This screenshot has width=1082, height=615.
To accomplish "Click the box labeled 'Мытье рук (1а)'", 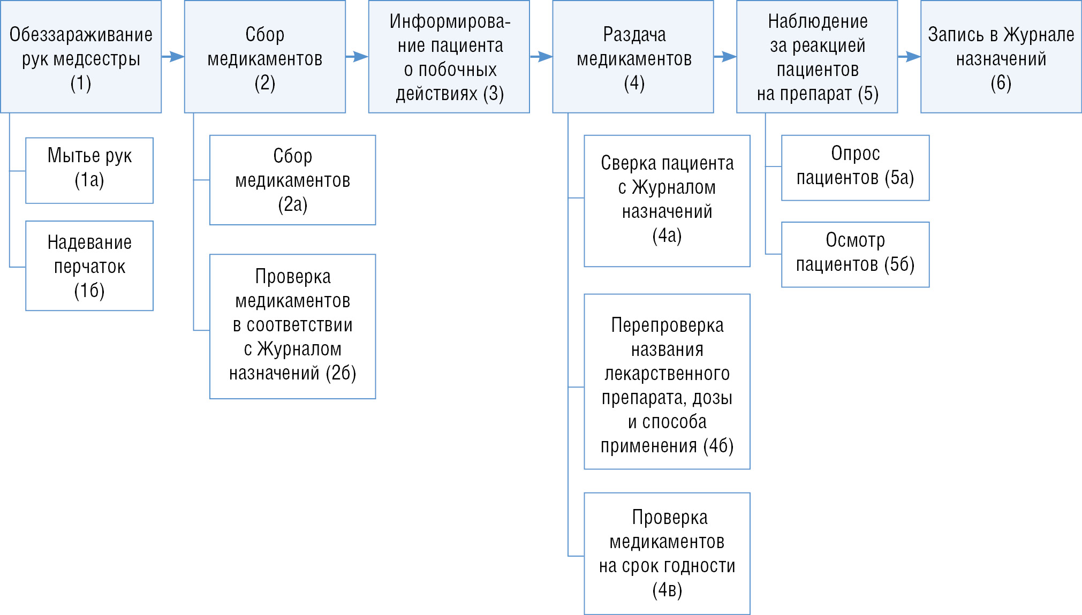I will click(x=89, y=170).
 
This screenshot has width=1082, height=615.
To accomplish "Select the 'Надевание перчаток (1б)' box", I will click(x=89, y=265).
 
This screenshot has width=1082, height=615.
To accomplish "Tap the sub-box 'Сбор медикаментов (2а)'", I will click(x=292, y=180).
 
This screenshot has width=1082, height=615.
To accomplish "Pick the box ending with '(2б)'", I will click(x=292, y=326).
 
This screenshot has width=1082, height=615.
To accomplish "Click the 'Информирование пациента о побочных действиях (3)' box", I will click(x=449, y=57).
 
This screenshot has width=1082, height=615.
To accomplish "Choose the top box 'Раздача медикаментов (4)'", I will click(x=633, y=57).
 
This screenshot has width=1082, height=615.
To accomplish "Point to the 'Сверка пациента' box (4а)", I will click(x=667, y=201).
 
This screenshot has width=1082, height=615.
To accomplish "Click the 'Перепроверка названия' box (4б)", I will click(x=667, y=382).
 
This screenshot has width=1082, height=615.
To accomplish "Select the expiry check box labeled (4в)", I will click(x=667, y=553).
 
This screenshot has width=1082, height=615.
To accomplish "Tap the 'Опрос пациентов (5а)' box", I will click(x=855, y=168).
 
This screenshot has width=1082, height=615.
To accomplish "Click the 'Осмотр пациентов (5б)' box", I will click(x=855, y=254).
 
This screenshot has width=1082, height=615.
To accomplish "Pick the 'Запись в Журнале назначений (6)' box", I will click(x=1001, y=57).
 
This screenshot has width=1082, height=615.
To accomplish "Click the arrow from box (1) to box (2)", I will click(x=173, y=56).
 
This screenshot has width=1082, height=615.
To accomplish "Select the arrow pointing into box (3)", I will click(x=357, y=56).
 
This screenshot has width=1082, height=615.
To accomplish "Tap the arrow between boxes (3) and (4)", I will click(x=541, y=56).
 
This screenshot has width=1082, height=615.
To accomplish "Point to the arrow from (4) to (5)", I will click(x=725, y=56).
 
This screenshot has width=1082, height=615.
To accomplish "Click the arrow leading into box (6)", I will click(x=909, y=56).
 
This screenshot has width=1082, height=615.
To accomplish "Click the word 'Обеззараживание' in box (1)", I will click(x=81, y=35).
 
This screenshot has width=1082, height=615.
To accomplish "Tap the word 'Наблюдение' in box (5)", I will click(x=818, y=21).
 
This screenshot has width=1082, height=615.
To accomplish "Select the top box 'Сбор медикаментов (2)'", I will click(x=264, y=57).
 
